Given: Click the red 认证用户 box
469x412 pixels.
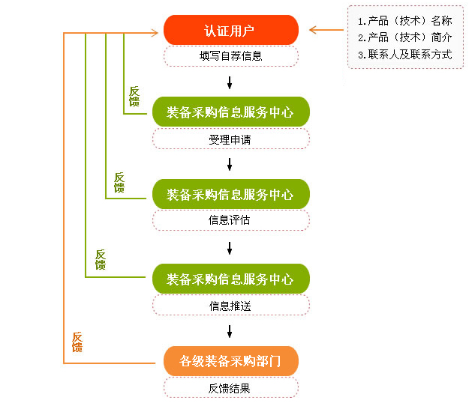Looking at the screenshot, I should [230, 31].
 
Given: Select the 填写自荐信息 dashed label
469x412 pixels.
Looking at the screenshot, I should [230, 56].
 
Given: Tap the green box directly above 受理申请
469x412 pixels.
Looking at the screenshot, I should [230, 112].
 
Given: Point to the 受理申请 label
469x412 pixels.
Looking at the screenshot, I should [230, 139].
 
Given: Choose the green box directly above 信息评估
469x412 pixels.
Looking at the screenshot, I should [230, 194].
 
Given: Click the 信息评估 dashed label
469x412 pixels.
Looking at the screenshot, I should [230, 220].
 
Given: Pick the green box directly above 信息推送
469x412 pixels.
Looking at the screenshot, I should [230, 279].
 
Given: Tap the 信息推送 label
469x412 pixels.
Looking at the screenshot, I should [230, 305].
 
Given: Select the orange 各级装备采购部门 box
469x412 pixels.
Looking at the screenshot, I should [230, 362].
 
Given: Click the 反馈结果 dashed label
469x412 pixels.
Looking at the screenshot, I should [230, 388].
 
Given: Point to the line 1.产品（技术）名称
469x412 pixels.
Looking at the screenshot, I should [404, 21].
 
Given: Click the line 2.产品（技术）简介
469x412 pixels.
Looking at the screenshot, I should [404, 37].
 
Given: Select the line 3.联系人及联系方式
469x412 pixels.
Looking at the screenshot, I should [404, 55].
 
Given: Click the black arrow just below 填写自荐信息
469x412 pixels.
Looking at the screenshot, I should [230, 81].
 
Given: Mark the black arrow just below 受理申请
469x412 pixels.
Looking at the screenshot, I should [230, 163].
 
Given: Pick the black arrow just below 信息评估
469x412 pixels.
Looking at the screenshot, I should [230, 246].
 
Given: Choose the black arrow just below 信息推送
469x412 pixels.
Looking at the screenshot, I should [230, 330].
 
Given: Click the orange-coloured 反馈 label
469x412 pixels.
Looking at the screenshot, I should [77, 342].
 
